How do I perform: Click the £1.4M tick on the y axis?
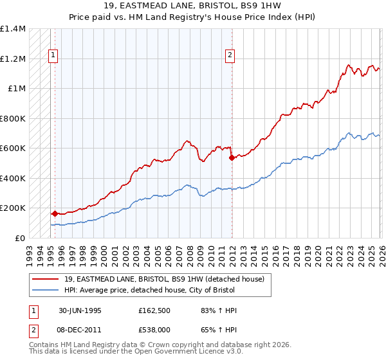13,29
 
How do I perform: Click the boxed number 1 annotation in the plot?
52,56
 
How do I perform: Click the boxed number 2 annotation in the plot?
230,56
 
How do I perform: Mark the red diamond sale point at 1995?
55,213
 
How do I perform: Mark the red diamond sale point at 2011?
232,157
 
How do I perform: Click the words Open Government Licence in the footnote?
187,353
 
